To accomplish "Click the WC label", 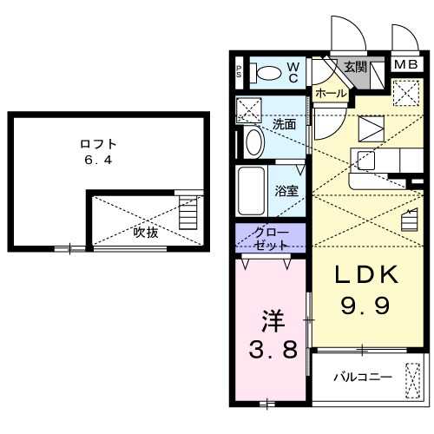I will click(x=293, y=71).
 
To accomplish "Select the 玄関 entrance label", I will click(x=354, y=66).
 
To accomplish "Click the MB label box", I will click(x=404, y=64).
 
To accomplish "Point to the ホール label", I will click(x=331, y=93).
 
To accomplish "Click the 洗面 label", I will click(x=285, y=124).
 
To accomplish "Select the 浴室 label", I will click(x=286, y=190).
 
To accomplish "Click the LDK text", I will click(x=366, y=275).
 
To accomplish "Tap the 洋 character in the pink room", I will click(x=271, y=321).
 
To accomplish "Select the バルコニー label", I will click(x=362, y=378).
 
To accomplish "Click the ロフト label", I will click(x=97, y=144).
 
